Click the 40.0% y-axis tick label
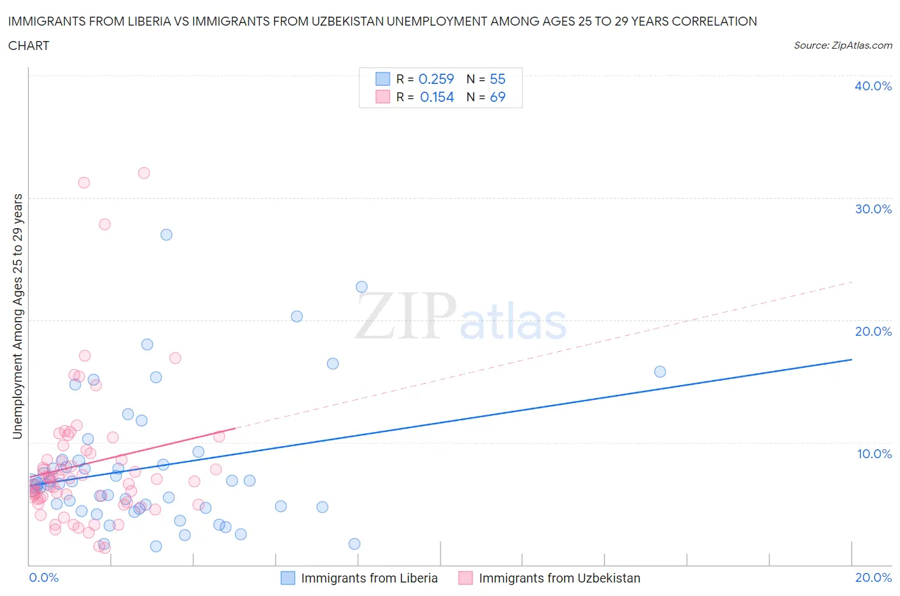coord(873,86)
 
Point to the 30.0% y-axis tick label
coord(873,209)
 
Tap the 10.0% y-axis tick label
coord(874,454)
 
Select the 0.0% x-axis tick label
coord(44,577)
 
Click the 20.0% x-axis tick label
coord(873,577)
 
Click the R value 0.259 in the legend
coord(436,79)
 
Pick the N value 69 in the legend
coord(497,97)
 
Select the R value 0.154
coord(437,97)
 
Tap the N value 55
coord(497,79)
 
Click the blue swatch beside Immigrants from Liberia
coord(288,578)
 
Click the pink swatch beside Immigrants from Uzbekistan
coord(465,578)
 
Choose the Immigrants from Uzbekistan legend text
coord(559,578)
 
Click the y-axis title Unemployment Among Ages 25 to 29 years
coord(17,316)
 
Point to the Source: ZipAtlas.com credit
coord(842,45)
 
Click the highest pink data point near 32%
coord(144,173)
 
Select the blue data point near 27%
coord(166,235)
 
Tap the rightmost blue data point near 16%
coord(660,372)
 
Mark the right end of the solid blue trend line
coord(851,360)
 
